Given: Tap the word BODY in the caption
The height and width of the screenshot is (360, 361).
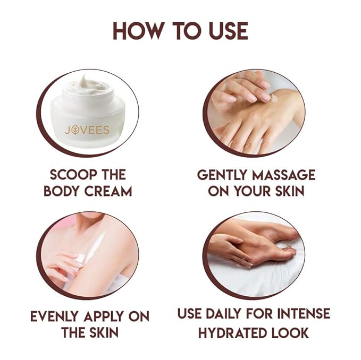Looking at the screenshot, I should coord(62,191).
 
